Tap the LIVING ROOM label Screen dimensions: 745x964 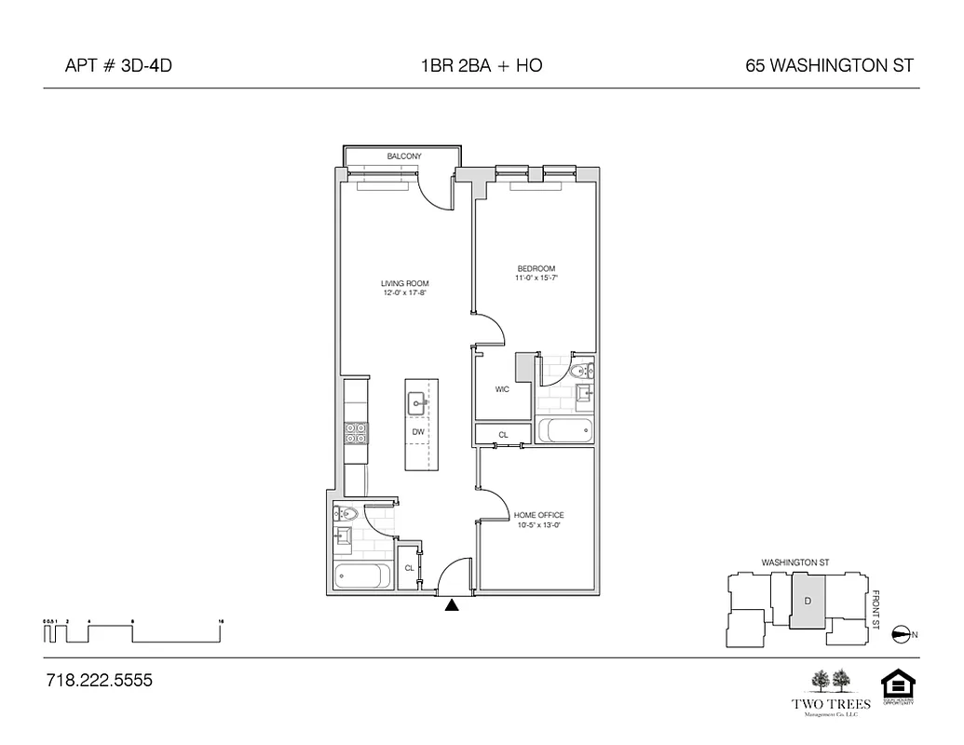[x=404, y=283]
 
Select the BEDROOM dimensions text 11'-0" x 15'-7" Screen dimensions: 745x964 [x=536, y=278]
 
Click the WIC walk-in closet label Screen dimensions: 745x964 [x=501, y=390]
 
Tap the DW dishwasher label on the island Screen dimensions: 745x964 [x=418, y=432]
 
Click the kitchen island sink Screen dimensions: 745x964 [x=416, y=402]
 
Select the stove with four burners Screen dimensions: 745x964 [x=357, y=433]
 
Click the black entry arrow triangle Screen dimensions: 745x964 [x=452, y=605]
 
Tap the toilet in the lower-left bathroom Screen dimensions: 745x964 [x=346, y=512]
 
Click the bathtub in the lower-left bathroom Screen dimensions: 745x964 [x=361, y=576]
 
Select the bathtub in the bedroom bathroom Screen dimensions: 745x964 [x=564, y=431]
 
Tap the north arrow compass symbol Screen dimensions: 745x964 [x=900, y=635]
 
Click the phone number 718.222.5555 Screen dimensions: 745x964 [x=99, y=681]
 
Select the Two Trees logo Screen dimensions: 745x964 [x=829, y=691]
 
